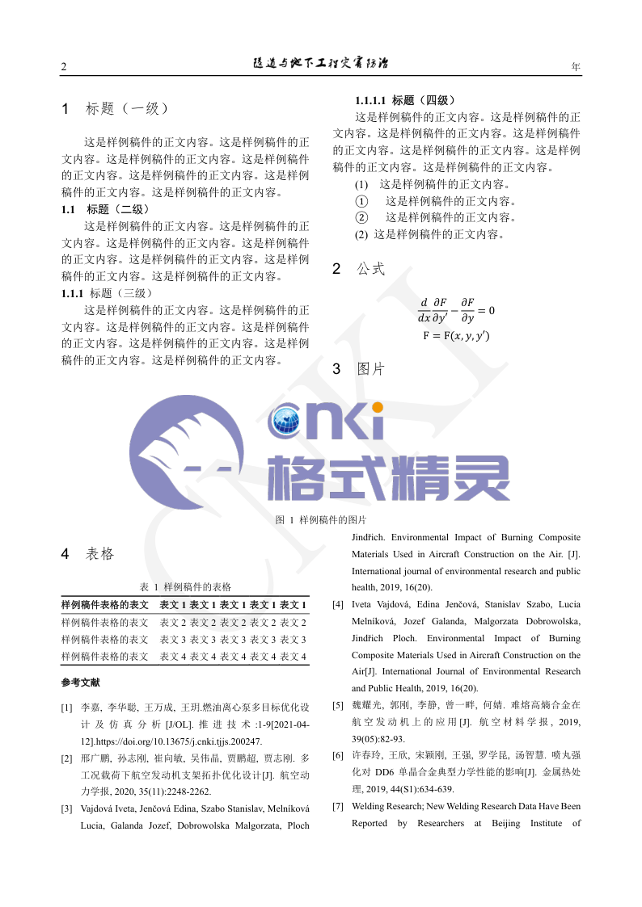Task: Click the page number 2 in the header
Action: [64, 67]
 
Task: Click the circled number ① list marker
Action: [361, 201]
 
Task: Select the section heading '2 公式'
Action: [358, 270]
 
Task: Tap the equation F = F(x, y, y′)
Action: [456, 335]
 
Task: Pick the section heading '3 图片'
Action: [358, 370]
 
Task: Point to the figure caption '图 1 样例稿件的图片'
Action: [321, 520]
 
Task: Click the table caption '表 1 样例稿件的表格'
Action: [185, 587]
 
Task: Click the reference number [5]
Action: [338, 705]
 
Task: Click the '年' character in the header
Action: [576, 66]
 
